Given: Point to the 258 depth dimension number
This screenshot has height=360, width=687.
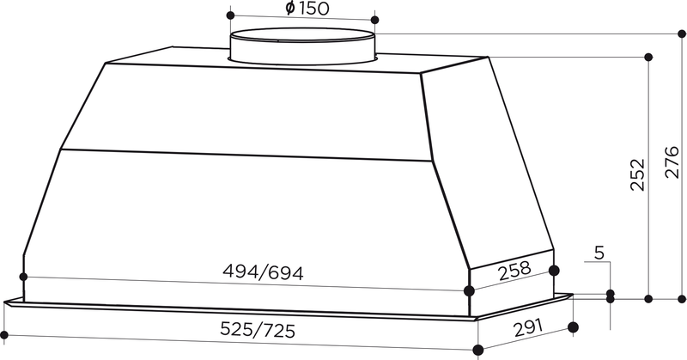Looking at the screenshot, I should pyautogui.click(x=514, y=273).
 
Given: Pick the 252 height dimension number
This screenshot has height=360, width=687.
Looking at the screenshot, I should pyautogui.click(x=636, y=176).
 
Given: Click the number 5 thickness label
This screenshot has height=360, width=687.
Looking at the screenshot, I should pyautogui.click(x=599, y=253).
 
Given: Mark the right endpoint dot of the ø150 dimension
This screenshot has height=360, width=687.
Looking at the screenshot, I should pyautogui.click(x=374, y=18).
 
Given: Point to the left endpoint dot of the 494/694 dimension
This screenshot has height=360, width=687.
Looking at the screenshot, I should pyautogui.click(x=23, y=277).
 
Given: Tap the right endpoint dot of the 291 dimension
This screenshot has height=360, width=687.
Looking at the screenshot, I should pyautogui.click(x=573, y=327).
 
